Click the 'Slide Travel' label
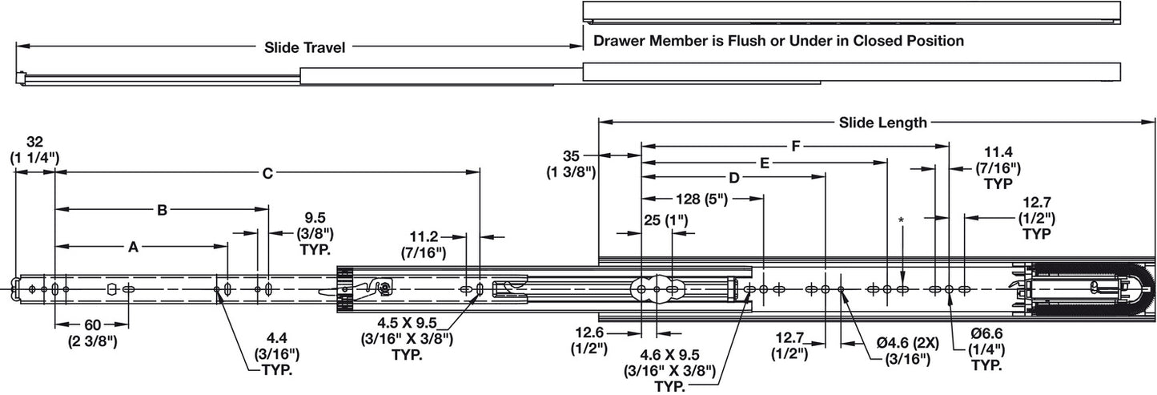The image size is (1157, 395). click(305, 47)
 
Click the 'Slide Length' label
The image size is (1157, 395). click(882, 123)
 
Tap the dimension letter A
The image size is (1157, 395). click(134, 248)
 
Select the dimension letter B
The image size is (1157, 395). click(162, 210)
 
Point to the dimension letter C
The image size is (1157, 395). click(268, 172)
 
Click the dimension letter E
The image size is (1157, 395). click(765, 163)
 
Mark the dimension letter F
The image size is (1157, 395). click(795, 147)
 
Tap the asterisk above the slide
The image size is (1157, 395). click(902, 220)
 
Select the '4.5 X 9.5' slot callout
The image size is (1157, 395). click(406, 324)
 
